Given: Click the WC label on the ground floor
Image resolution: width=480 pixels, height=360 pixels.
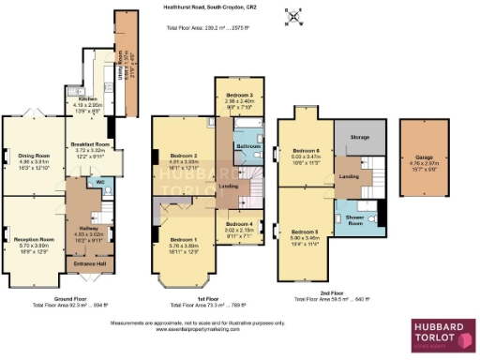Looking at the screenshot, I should pyautogui.click(x=99, y=183).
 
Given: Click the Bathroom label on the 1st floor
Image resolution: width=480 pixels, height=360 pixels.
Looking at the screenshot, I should pyautogui.click(x=248, y=146).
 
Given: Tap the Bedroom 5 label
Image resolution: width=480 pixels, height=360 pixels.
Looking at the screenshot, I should pyautogui.click(x=305, y=231).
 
